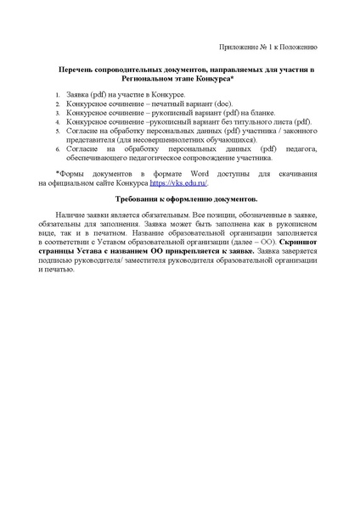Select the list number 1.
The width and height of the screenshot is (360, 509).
pos(57,96)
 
